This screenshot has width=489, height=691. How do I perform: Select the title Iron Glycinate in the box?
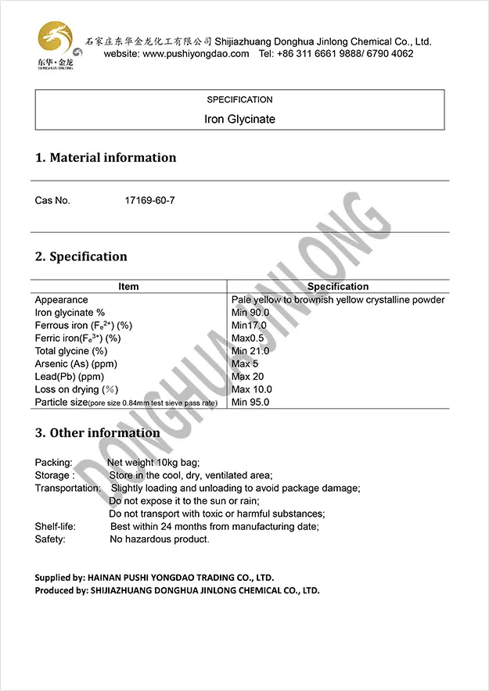tap(239, 120)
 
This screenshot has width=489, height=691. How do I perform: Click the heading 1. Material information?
tap(106, 158)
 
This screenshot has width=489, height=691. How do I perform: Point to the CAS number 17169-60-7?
tap(149, 200)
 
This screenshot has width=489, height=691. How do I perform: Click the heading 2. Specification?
tap(81, 256)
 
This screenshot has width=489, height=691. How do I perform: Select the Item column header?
tap(128, 287)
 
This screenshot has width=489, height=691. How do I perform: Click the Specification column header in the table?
tap(338, 287)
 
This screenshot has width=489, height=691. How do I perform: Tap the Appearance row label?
tap(62, 300)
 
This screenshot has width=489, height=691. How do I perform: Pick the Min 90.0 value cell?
tap(250, 313)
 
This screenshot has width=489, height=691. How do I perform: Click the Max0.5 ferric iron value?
tap(249, 338)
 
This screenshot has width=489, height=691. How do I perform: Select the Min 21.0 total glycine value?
tap(250, 351)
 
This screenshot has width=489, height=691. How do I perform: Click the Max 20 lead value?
tap(248, 377)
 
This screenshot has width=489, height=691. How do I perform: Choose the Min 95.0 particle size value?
tap(250, 402)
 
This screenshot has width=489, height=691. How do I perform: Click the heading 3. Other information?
tap(97, 433)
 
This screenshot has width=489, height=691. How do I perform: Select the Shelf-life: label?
tap(56, 527)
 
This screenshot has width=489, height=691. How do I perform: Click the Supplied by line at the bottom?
tap(153, 578)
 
